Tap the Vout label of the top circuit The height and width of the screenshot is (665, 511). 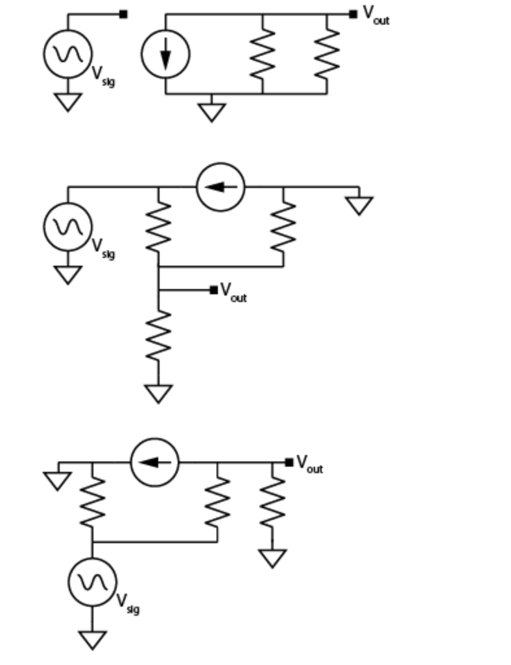[375, 15]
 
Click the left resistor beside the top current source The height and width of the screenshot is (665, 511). [263, 53]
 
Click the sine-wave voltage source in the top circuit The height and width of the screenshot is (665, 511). [68, 54]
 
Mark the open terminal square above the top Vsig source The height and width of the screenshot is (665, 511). [123, 14]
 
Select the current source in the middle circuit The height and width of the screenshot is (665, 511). [220, 187]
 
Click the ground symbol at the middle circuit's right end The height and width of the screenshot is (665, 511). [359, 205]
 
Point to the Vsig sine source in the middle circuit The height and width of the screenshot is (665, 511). [68, 226]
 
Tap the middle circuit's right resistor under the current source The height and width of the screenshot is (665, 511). [283, 226]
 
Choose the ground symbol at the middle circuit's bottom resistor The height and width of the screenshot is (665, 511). [158, 393]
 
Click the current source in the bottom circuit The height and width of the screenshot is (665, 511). [154, 462]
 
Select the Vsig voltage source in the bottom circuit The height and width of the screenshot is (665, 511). [92, 582]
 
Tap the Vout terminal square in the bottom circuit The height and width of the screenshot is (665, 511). [289, 462]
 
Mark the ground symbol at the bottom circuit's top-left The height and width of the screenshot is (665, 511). [58, 480]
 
